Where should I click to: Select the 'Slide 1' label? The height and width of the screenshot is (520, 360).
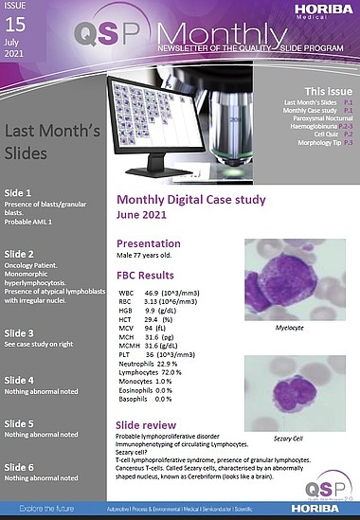pyautogui.click(x=19, y=193)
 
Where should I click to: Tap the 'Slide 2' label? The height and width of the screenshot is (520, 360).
pyautogui.click(x=19, y=255)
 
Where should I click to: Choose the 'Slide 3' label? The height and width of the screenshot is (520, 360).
pyautogui.click(x=19, y=332)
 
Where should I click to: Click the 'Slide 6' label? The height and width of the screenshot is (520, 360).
pyautogui.click(x=19, y=467)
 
